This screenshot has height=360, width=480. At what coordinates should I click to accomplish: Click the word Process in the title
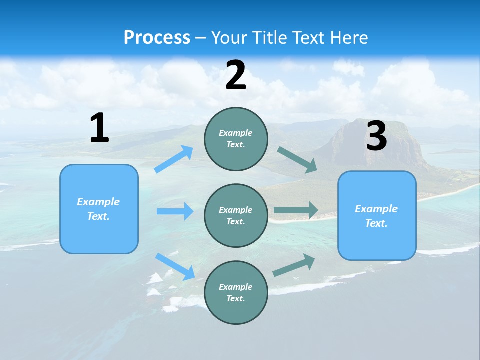(157, 37)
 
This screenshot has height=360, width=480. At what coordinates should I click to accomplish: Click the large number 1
(99, 128)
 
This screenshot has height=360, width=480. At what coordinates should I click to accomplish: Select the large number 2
(236, 75)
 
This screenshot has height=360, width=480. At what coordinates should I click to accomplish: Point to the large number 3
(376, 136)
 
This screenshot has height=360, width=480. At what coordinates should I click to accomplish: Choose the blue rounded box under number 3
(377, 240)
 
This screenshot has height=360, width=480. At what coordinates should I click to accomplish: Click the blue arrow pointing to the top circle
(174, 159)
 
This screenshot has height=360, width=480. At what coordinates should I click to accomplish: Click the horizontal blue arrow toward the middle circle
(175, 211)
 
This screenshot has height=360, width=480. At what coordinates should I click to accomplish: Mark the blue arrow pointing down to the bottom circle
(175, 266)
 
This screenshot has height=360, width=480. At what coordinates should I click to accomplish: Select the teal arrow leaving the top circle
(297, 159)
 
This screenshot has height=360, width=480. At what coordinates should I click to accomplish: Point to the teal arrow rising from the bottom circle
(294, 265)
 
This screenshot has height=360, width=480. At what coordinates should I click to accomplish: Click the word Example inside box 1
(98, 202)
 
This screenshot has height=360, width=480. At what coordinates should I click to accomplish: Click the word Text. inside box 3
(376, 223)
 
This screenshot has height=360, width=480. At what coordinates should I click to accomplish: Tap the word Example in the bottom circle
(235, 287)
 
